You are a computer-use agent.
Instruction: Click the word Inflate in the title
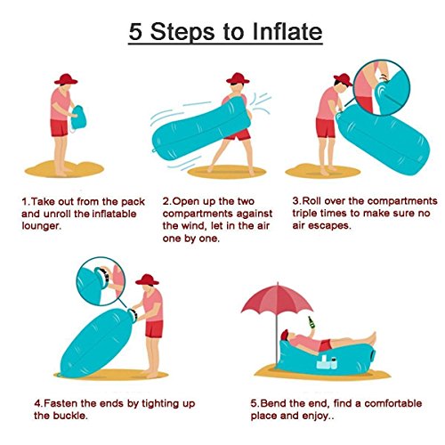pos(287,31)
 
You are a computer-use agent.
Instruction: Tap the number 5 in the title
pos(135,32)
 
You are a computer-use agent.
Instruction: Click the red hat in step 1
pos(66,79)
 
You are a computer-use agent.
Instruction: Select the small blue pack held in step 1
pos(78,117)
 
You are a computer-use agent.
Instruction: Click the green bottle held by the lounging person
pos(311,322)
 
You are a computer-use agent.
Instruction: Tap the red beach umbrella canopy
pos(277,298)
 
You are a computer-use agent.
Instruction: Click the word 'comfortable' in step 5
pos(393,403)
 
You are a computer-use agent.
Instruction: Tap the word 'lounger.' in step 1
pos(41,226)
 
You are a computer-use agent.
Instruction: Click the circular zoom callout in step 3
pos(382,87)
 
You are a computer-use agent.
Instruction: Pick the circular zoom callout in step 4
pos(101,281)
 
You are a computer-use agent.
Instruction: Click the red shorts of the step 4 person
pos(154,329)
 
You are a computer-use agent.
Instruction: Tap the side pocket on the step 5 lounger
pos(327,362)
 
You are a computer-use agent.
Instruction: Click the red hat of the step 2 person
pos(238,78)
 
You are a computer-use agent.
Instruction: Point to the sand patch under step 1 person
pos(64,169)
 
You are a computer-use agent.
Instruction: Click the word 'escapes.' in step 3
pos(329,226)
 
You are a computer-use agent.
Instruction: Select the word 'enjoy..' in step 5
pos(319,416)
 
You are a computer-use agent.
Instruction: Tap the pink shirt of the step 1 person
pos(60,104)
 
